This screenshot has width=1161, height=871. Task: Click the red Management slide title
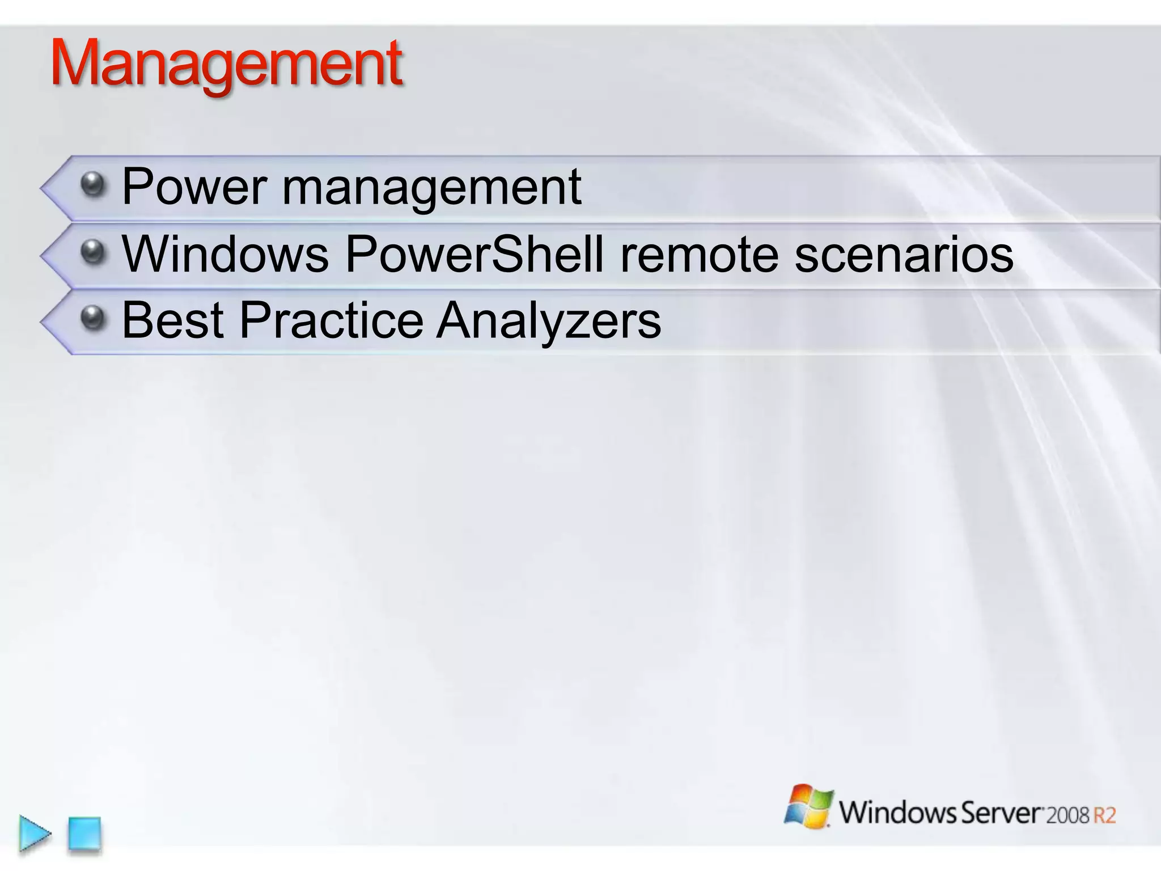point(227,64)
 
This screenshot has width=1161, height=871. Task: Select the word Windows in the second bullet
point(225,253)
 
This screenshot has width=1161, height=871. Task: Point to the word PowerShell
point(474,253)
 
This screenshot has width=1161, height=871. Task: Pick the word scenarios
point(904,255)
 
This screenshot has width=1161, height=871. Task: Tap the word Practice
point(331,320)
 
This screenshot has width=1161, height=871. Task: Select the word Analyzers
point(548,322)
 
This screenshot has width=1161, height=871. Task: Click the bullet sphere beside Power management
point(92,184)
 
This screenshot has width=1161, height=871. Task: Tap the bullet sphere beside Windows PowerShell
point(92,252)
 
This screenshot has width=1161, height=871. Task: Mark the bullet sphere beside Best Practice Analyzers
point(92,318)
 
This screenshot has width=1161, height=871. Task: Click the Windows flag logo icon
point(808,806)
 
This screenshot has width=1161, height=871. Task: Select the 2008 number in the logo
point(1067,815)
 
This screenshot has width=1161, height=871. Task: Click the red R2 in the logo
point(1104,815)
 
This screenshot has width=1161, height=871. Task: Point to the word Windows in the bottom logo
point(897,812)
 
